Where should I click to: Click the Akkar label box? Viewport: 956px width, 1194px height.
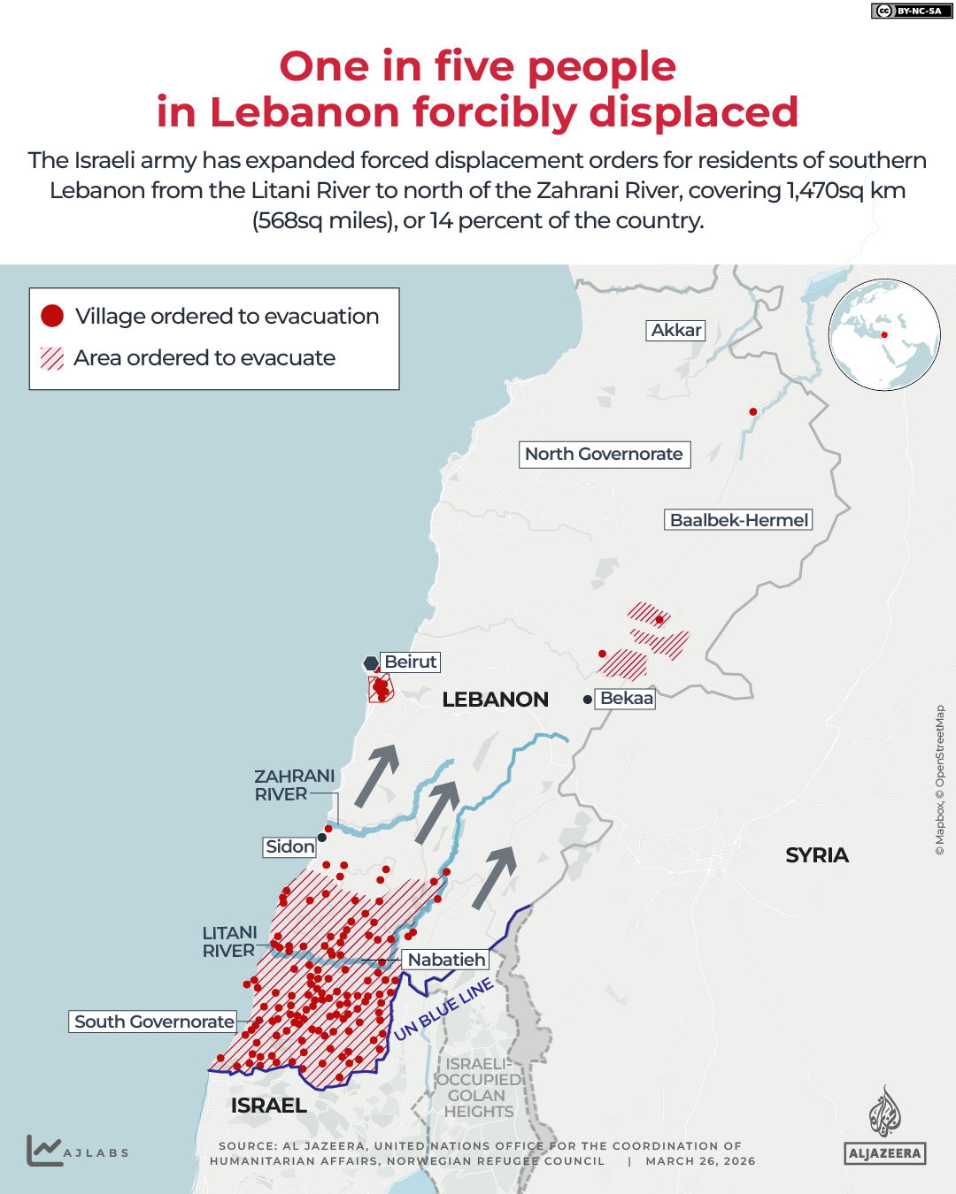675,331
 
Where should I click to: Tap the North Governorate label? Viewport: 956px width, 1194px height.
604,455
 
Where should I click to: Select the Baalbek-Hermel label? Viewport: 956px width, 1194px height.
738,520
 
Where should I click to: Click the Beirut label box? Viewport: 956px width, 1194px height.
410,662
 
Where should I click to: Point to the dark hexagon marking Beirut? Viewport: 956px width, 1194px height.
371,663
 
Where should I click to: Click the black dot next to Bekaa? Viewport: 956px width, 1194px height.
588,700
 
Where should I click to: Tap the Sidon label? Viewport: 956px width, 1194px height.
289,846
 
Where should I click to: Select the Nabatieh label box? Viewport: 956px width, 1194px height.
446,960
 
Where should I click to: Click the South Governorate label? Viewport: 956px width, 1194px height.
154,1022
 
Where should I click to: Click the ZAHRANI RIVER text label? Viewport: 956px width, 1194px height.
294,785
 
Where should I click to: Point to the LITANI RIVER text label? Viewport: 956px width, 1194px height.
230,942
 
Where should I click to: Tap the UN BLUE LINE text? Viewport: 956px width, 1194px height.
443,1009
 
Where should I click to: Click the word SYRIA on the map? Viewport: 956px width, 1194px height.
816,855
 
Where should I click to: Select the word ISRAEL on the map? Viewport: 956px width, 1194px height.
268,1106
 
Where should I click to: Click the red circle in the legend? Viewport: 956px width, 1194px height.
52,316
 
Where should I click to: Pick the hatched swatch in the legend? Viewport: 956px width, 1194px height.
52,358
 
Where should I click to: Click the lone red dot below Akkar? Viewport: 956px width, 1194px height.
753,411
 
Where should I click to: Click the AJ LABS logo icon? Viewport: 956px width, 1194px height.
43,1151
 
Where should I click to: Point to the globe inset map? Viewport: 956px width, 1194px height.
883,335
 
